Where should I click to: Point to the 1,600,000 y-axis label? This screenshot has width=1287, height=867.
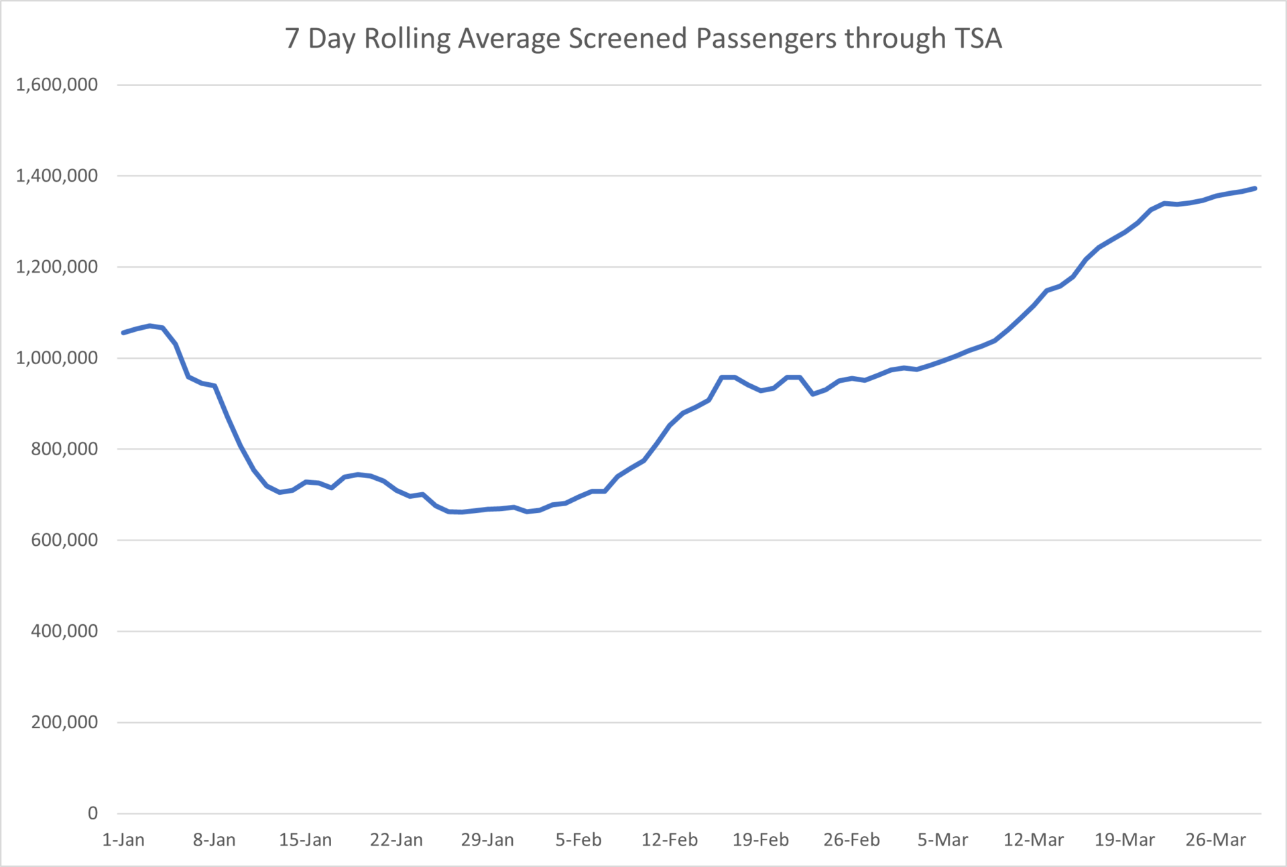pyautogui.click(x=57, y=84)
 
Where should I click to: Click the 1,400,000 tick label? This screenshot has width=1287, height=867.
pyautogui.click(x=57, y=176)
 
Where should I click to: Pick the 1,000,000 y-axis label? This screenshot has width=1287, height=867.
pyautogui.click(x=57, y=358)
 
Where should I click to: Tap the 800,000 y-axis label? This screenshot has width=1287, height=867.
pyautogui.click(x=64, y=449)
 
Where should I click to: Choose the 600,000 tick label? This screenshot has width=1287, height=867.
pyautogui.click(x=64, y=540)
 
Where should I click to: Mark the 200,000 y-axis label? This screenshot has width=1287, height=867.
pyautogui.click(x=64, y=722)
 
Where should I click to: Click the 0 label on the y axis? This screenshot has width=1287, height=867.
pyautogui.click(x=93, y=813)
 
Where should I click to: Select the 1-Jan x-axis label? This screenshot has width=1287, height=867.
pyautogui.click(x=123, y=840)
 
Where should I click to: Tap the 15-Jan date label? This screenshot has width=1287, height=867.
pyautogui.click(x=305, y=840)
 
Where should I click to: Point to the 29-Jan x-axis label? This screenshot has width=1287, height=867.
pyautogui.click(x=487, y=840)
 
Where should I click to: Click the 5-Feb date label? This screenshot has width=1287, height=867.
pyautogui.click(x=578, y=840)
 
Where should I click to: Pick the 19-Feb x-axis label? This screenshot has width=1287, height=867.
pyautogui.click(x=761, y=840)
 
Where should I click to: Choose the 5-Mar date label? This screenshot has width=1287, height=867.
pyautogui.click(x=942, y=840)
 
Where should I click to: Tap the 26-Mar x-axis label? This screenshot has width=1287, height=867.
pyautogui.click(x=1215, y=840)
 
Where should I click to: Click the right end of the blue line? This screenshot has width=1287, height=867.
pyautogui.click(x=1255, y=188)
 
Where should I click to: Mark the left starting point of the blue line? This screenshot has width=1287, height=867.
pyautogui.click(x=123, y=333)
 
